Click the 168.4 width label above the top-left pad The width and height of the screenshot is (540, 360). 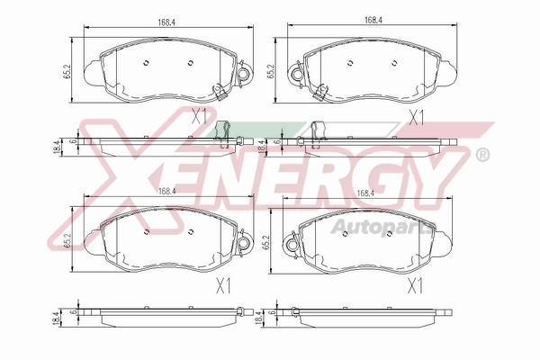[167, 22]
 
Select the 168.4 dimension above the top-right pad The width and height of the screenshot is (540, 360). [373, 20]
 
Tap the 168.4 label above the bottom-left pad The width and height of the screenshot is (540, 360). [167, 191]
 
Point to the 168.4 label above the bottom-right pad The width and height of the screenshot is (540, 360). [365, 193]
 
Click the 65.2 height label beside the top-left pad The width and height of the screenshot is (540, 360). [67, 70]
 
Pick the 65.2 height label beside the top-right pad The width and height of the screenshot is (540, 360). [270, 70]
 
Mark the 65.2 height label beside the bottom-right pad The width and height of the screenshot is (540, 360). [266, 242]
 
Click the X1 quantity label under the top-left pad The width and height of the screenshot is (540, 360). [200, 115]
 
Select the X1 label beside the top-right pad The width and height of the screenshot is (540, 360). [416, 118]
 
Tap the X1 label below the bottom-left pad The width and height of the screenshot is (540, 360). [223, 286]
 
